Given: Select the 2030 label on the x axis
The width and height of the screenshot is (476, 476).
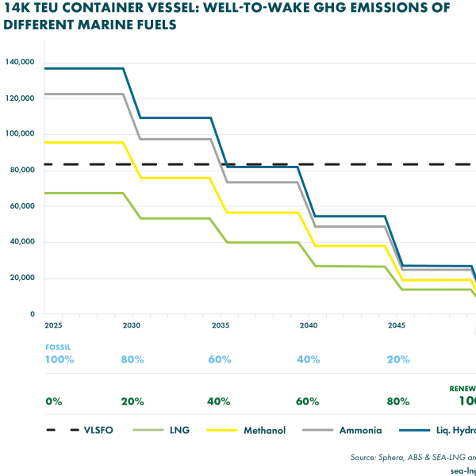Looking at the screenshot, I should tap(132, 326).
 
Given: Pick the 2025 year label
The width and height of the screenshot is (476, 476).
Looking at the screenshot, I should tap(54, 326).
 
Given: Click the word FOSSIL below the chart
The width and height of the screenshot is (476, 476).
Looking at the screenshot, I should tap(58, 347).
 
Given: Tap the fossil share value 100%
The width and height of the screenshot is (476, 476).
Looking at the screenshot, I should tap(59, 359).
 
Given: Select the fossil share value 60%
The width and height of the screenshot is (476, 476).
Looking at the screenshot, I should tap(220, 359).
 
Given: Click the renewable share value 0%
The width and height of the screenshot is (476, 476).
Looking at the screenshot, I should tap(54, 401).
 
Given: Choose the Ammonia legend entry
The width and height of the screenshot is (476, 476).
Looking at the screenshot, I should tap(360, 430).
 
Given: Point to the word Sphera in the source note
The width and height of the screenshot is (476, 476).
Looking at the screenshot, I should tap(397, 458).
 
